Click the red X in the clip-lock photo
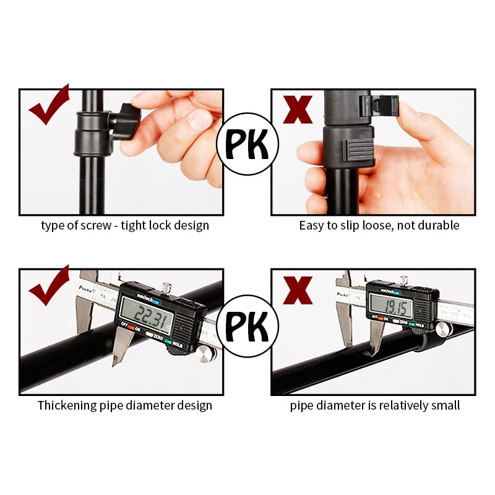point(298,110)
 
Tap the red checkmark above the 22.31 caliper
point(48,286)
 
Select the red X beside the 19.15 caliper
point(298,290)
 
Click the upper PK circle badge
point(247,144)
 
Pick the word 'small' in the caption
point(444,406)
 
